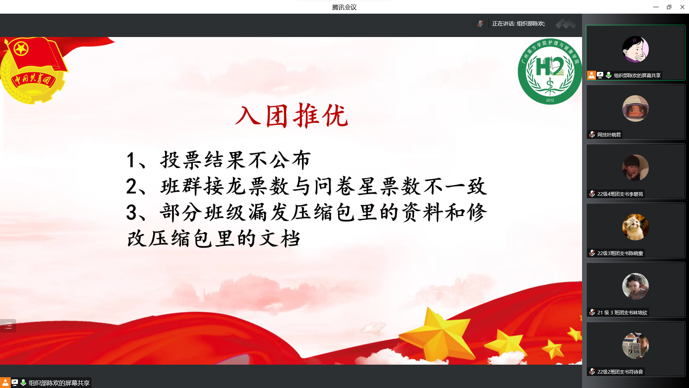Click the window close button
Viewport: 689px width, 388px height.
(x=682, y=7)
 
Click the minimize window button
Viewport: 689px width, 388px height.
(x=656, y=7)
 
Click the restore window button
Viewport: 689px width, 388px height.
(x=669, y=7)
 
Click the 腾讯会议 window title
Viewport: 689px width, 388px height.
(x=344, y=7)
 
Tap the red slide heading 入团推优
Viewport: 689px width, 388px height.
(x=291, y=116)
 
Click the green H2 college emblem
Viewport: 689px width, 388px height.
(x=550, y=71)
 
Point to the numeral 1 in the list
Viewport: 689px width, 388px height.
(x=131, y=160)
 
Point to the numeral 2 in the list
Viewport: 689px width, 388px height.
(x=131, y=186)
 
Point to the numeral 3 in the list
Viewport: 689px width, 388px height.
(x=131, y=212)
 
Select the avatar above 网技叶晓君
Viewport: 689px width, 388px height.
(x=635, y=108)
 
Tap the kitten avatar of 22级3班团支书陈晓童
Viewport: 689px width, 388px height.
(x=635, y=227)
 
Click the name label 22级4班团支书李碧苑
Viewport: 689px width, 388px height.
(x=620, y=194)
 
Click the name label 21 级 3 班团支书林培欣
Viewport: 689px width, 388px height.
(x=622, y=313)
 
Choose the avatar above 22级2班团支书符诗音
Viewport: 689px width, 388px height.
(x=635, y=346)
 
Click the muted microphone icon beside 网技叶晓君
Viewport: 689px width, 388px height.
(x=592, y=134)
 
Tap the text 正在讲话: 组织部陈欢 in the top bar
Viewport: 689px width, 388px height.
(x=519, y=24)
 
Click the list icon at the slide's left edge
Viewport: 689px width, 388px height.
(x=8, y=326)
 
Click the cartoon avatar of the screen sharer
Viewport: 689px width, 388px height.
(x=635, y=49)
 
